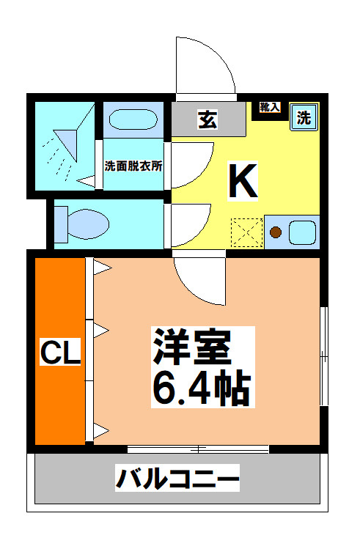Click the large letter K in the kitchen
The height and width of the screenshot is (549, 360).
coord(243,180)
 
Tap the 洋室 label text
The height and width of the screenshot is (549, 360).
coord(192,347)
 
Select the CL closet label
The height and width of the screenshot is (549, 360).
coord(60,351)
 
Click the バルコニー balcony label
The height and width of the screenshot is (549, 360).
coord(177,478)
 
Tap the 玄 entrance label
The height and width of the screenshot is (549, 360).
coord(208,119)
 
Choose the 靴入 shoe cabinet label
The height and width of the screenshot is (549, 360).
coord(270,107)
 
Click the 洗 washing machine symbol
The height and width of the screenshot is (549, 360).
coord(304,117)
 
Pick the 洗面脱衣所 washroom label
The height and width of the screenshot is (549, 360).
coord(133,166)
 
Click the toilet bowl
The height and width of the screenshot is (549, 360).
coord(87,224)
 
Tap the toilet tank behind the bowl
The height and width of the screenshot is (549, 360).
coord(61,224)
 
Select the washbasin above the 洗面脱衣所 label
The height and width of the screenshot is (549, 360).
coord(133,119)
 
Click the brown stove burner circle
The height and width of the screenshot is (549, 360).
coord(276,232)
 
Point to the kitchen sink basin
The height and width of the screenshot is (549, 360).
coord(302,232)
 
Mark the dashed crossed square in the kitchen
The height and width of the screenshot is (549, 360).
coord(247,232)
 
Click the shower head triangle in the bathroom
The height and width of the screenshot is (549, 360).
coord(66,144)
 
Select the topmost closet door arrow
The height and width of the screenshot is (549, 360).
coord(102,268)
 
